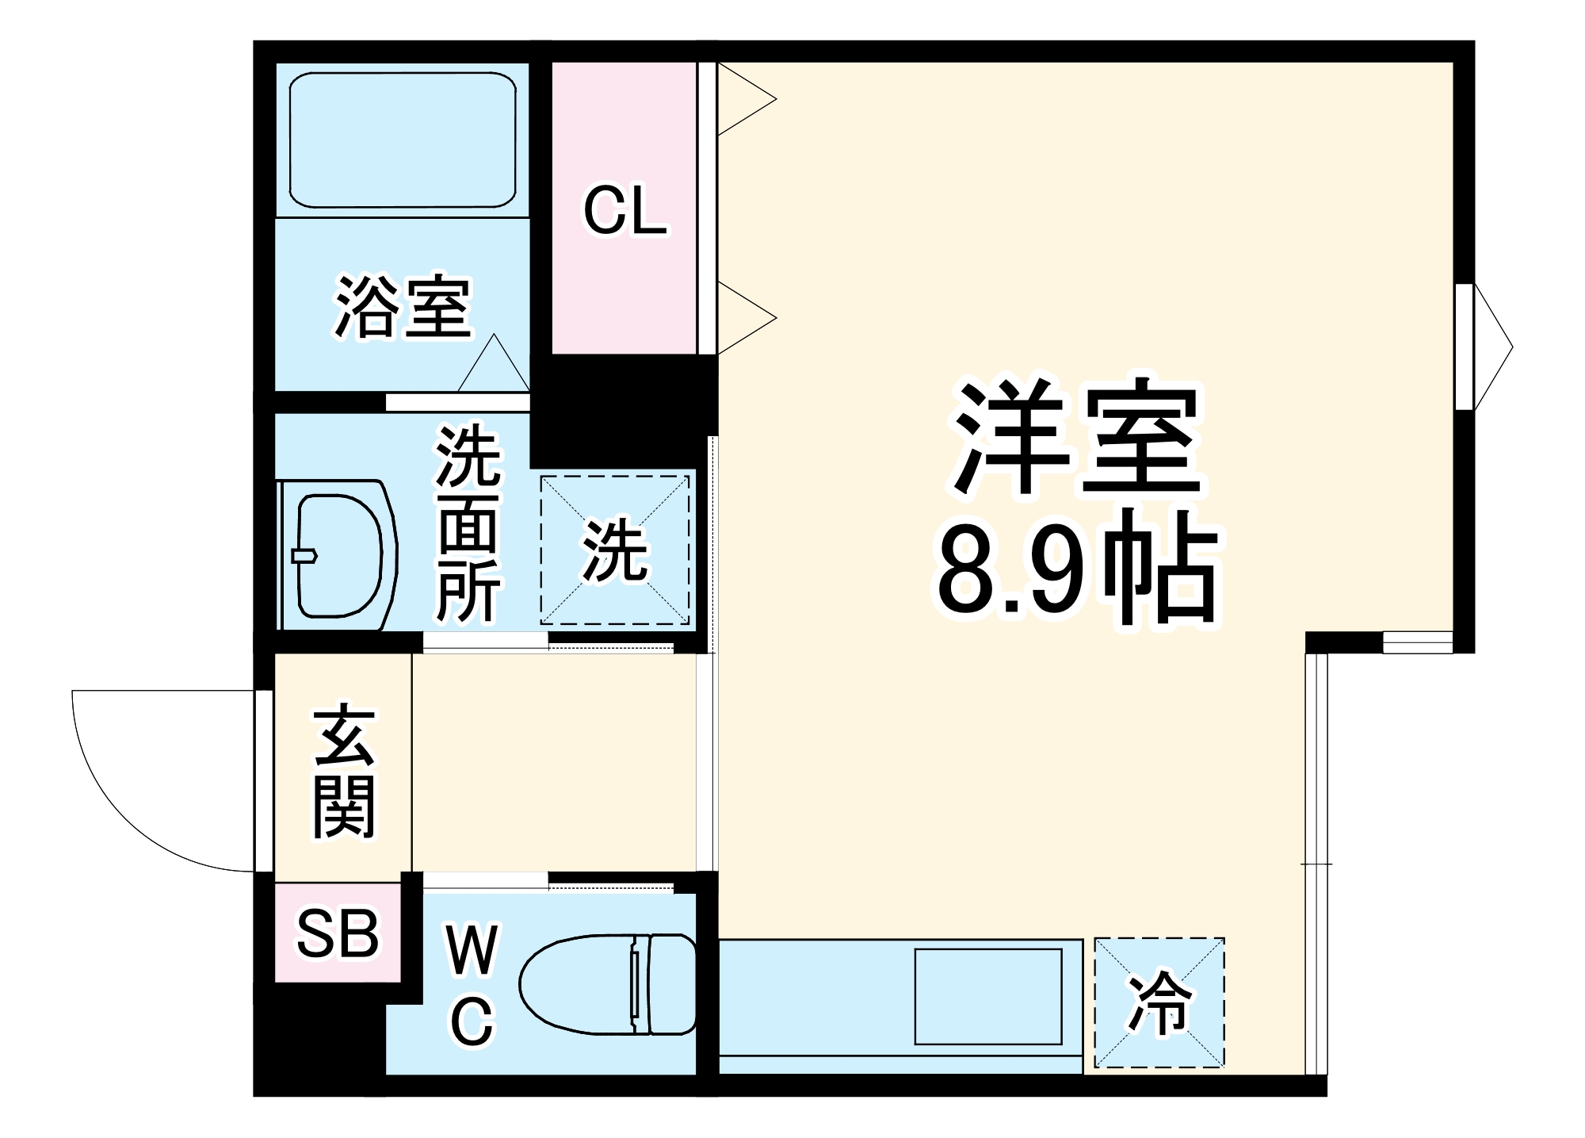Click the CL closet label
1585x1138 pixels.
[x=624, y=211]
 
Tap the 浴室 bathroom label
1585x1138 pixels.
[x=403, y=307]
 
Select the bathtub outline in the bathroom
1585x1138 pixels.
[x=403, y=140]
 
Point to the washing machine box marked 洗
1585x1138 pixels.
[x=615, y=550]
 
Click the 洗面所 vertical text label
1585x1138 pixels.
[x=468, y=524]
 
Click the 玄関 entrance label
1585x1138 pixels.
[x=343, y=770]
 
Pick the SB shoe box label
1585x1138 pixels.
[x=338, y=933]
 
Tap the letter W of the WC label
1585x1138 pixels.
[x=472, y=949]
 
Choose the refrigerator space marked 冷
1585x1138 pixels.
[x=1159, y=1003]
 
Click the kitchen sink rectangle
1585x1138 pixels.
[x=988, y=997]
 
